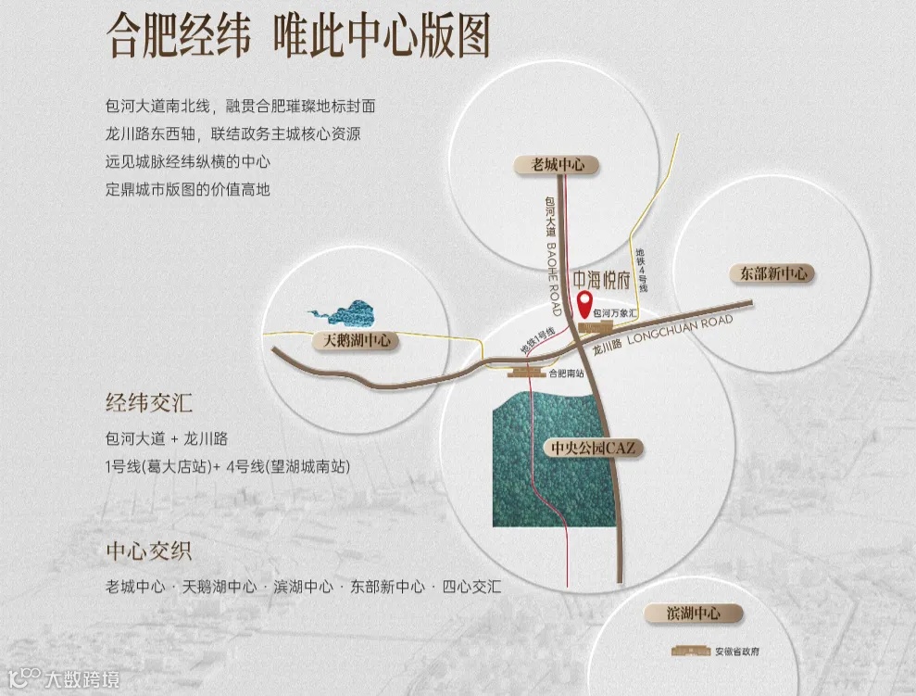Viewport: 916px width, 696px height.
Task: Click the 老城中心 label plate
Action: click(x=558, y=165)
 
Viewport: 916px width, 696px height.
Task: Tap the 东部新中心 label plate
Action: click(x=769, y=273)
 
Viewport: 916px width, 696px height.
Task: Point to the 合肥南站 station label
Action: click(x=567, y=373)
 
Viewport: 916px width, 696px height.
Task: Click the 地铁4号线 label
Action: click(x=642, y=270)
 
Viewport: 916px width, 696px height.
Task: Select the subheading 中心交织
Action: click(x=149, y=551)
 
